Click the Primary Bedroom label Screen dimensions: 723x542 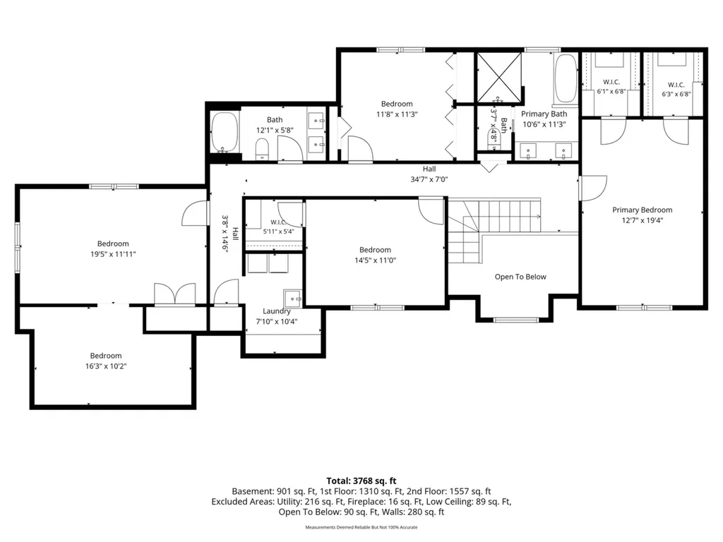[642, 210]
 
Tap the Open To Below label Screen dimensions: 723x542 [520, 277]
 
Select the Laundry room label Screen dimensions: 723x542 [277, 311]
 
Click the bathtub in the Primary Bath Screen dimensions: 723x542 [566, 79]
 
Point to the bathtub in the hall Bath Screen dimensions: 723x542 [225, 132]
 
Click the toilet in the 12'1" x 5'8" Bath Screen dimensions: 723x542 [262, 148]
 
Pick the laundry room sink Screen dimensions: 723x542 [292, 299]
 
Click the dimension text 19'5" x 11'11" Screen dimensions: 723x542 [113, 254]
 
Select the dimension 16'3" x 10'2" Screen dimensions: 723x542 [106, 366]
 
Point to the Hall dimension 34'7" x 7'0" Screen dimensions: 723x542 [429, 179]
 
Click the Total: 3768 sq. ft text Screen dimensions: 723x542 [361, 481]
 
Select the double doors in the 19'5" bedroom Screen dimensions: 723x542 [174, 294]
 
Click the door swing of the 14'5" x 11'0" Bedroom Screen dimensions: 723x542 [431, 211]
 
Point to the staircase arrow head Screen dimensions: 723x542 [539, 216]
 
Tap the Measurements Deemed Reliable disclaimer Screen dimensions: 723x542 [361, 527]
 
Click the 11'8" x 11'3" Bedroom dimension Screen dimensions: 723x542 [397, 114]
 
